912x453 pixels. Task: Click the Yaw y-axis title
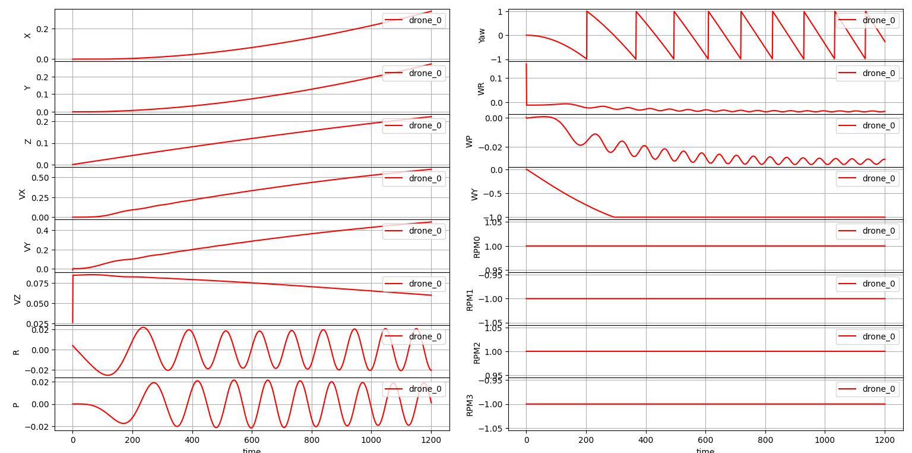click(482, 35)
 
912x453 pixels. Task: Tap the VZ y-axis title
click(17, 299)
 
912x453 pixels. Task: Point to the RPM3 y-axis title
click(470, 404)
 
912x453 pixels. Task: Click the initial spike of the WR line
click(526, 64)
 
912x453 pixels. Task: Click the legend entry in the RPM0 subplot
click(867, 231)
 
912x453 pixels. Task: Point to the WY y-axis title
click(474, 194)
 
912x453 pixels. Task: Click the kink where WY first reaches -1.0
click(614, 217)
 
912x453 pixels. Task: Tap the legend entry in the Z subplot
click(414, 125)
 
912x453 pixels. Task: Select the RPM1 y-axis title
click(470, 299)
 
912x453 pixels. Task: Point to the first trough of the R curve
click(107, 375)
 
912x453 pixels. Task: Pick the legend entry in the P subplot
click(414, 389)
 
